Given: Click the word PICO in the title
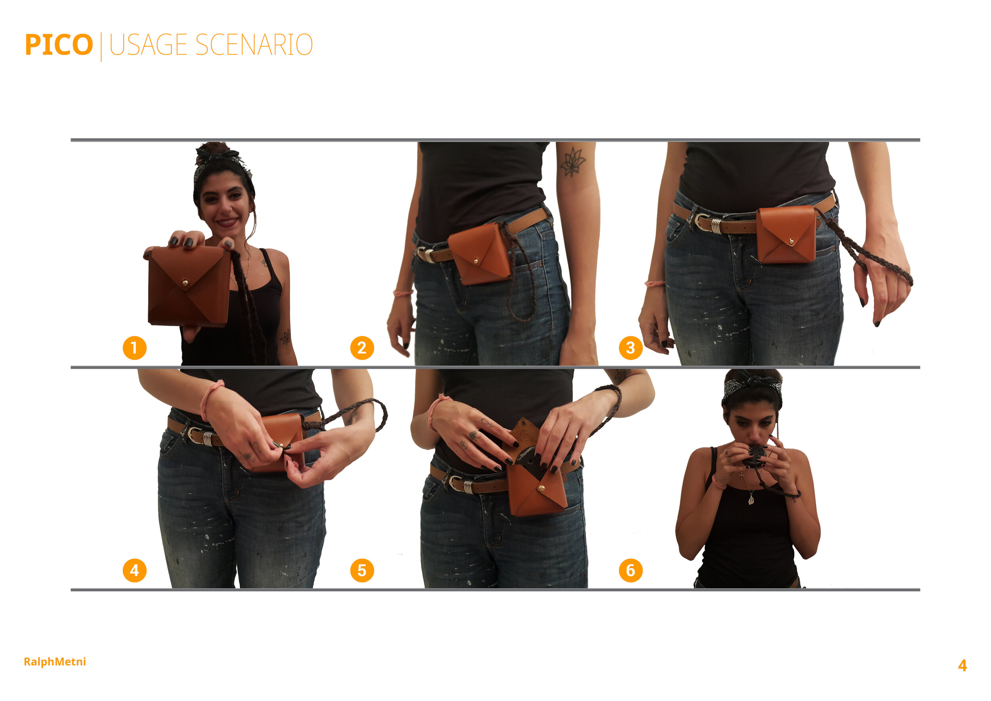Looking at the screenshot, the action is click(x=59, y=44).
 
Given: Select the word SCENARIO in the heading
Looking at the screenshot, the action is click(x=254, y=44).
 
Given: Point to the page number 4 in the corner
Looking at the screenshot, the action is click(x=962, y=665).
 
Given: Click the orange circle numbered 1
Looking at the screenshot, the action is click(x=135, y=347).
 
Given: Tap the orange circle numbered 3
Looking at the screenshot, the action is click(x=631, y=347).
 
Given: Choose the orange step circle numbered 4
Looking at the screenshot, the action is click(x=135, y=570).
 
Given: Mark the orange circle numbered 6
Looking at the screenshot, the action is click(x=631, y=570).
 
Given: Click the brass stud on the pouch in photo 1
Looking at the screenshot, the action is click(x=185, y=283).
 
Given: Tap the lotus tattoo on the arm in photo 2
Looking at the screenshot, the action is click(x=572, y=161).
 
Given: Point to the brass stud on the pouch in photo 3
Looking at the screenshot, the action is click(x=791, y=241).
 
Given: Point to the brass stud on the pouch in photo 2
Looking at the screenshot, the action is click(x=476, y=261).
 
